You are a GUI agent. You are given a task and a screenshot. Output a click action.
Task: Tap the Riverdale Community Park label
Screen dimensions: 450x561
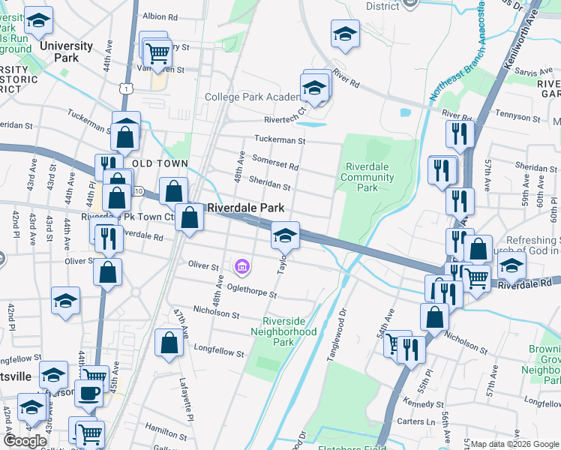[x=367, y=177]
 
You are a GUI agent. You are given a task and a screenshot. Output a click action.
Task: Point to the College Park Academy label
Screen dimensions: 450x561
[x=252, y=97]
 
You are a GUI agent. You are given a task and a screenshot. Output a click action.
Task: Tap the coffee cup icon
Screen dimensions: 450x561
[x=88, y=392]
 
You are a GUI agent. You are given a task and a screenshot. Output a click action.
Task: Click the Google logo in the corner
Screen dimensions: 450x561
[x=25, y=441]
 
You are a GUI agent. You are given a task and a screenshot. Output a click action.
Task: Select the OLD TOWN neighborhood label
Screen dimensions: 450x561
[x=159, y=163]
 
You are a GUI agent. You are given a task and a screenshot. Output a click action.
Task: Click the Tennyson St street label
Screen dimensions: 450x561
[x=516, y=118]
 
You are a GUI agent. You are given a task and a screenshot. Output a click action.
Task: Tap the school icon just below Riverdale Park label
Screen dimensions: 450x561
[x=285, y=235]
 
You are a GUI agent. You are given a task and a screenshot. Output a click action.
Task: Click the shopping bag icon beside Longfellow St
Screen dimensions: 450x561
[x=169, y=343]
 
